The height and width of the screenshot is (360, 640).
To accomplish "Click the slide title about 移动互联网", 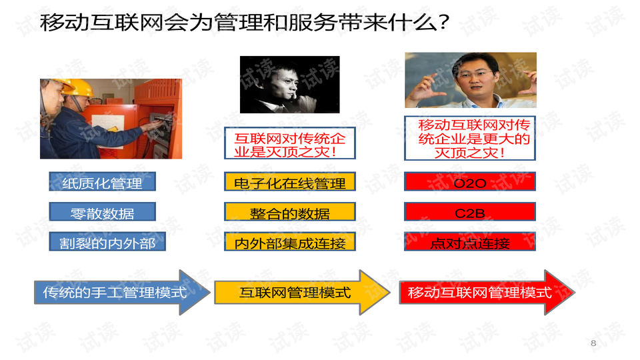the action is point(245,22).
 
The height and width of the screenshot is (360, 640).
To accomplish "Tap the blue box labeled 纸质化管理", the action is point(103,181).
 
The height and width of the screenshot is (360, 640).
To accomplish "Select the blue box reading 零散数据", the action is point(103,211).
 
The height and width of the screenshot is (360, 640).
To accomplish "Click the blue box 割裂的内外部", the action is point(107,241).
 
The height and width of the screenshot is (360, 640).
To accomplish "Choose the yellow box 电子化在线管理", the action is point(290,181).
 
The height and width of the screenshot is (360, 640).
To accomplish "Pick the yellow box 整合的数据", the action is point(290,211).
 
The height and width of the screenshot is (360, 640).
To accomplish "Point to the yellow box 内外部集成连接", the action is point(290,241).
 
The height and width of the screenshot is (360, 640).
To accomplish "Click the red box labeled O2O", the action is point(470,181).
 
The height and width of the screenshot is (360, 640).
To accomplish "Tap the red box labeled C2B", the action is point(470,211).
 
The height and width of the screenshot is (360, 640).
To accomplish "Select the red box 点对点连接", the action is point(470,241).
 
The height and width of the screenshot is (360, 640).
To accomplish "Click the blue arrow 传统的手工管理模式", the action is point(122,292).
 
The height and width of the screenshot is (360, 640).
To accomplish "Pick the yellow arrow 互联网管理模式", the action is point(302,292).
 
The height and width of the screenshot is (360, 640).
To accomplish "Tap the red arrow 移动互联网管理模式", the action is point(487,292).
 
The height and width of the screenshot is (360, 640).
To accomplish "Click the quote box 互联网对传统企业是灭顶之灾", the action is point(290,143).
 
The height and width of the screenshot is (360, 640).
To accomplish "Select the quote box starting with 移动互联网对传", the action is point(470,139).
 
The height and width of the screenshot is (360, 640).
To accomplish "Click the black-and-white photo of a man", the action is point(290,85).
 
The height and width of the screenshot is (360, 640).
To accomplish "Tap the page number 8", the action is point(593,343).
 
